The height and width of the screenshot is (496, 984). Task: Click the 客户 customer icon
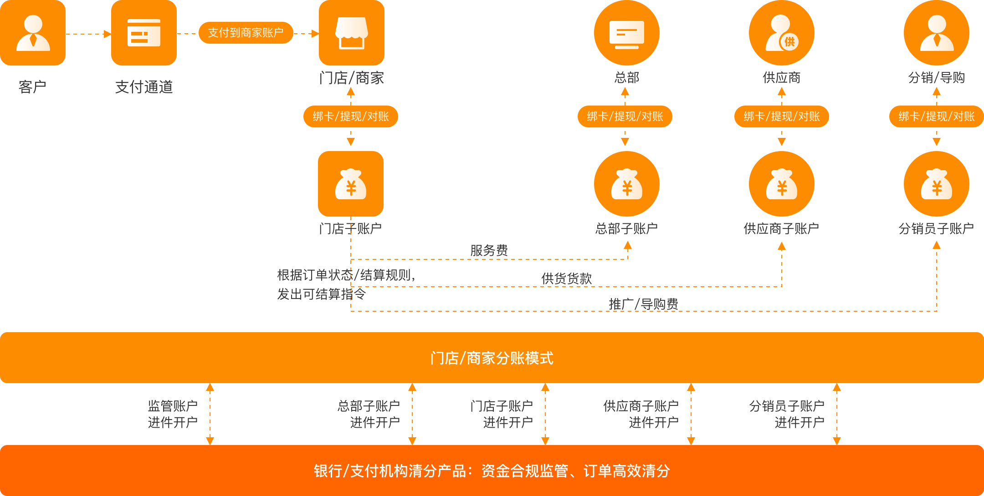pyautogui.click(x=33, y=33)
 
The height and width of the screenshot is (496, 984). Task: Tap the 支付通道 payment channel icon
pyautogui.click(x=144, y=33)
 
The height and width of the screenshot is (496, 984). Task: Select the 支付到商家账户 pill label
pyautogui.click(x=246, y=33)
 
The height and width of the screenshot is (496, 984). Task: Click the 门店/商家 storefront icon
pyautogui.click(x=351, y=33)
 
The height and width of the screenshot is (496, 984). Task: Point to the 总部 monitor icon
pyautogui.click(x=626, y=33)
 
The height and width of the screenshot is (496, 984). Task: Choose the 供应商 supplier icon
pyautogui.click(x=781, y=33)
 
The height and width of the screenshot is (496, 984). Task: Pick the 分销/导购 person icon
pyautogui.click(x=936, y=33)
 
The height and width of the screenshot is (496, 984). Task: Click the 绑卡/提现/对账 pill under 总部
pyautogui.click(x=625, y=116)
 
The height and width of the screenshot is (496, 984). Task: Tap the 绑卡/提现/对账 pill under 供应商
pyautogui.click(x=781, y=116)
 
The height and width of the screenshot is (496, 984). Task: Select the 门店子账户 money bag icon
pyautogui.click(x=351, y=184)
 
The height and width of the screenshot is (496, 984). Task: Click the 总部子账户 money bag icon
pyautogui.click(x=626, y=184)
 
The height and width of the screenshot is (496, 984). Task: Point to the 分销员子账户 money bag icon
pyautogui.click(x=936, y=184)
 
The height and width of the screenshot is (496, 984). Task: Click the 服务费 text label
pyautogui.click(x=489, y=250)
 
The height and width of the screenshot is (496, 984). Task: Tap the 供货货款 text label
pyautogui.click(x=566, y=278)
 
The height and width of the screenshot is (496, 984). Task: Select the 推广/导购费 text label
pyautogui.click(x=643, y=304)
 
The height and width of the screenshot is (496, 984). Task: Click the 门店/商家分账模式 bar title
pyautogui.click(x=492, y=358)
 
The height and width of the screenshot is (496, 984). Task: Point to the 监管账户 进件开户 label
pyautogui.click(x=173, y=414)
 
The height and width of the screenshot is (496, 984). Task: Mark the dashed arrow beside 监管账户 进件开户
pyautogui.click(x=210, y=414)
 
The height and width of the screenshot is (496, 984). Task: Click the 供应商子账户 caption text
pyautogui.click(x=781, y=228)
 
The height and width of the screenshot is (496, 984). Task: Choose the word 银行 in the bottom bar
pyautogui.click(x=328, y=471)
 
